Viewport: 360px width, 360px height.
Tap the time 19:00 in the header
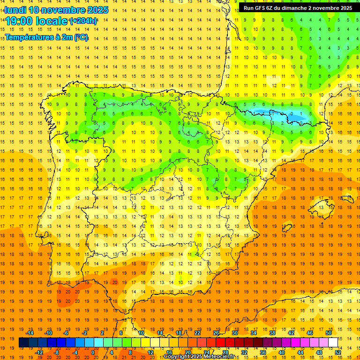coord(19,21)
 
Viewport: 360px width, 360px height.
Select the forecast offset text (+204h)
coord(83,21)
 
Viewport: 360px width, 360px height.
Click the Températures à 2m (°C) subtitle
coord(46,37)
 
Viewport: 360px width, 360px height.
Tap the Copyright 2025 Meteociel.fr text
coord(199,357)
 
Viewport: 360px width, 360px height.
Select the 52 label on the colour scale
coord(338,352)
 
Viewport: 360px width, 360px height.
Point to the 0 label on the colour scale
coord(93,352)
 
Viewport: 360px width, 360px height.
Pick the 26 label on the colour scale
coord(216,333)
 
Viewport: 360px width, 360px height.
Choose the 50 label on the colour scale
coord(329,333)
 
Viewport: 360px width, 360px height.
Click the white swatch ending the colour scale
coord(333,343)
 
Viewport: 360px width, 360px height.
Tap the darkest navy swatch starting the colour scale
coord(23,343)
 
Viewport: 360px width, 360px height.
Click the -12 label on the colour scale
coord(39,352)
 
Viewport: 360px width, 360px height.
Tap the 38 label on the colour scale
coord(272,333)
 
